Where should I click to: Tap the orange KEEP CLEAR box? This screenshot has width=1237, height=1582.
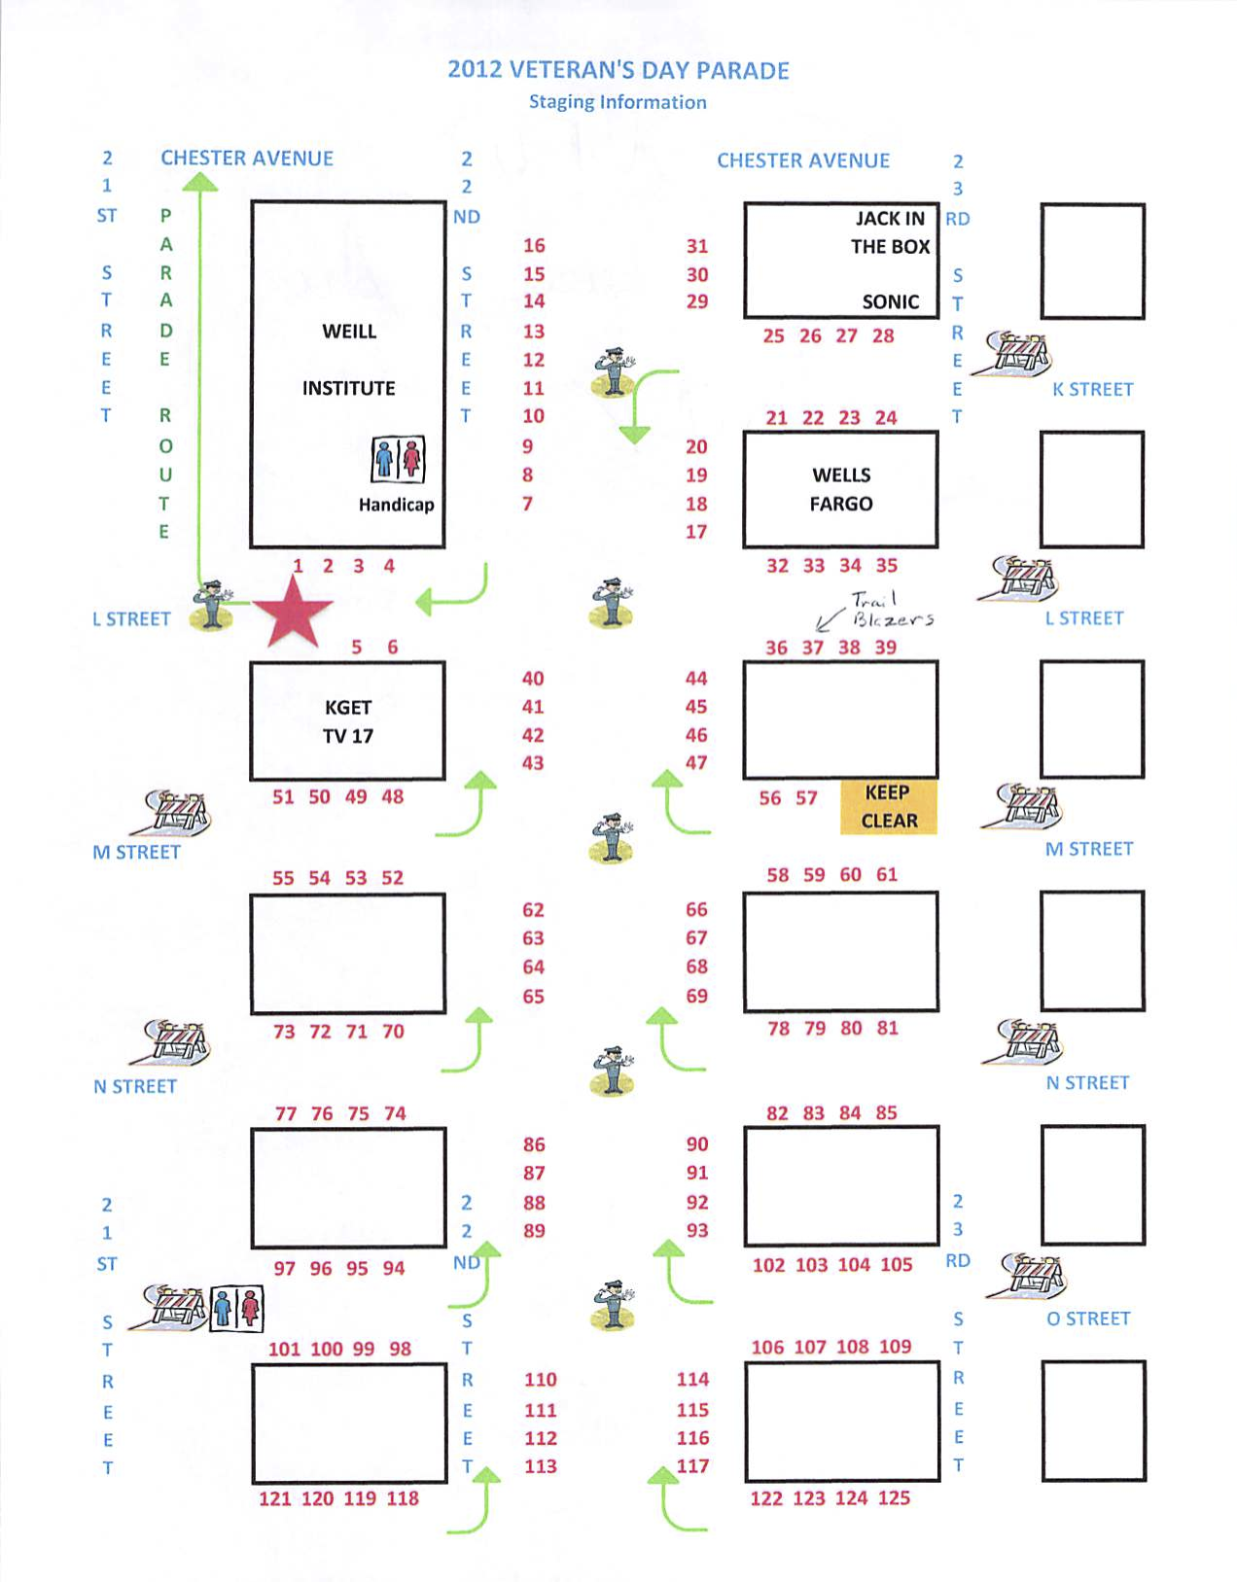click(888, 806)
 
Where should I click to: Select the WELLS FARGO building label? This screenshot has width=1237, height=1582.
click(841, 489)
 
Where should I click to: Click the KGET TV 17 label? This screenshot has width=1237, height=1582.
click(348, 721)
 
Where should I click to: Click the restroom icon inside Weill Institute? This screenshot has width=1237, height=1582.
click(399, 459)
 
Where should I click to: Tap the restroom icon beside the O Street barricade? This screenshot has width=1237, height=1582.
click(237, 1309)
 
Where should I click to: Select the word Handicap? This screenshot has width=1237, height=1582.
click(396, 505)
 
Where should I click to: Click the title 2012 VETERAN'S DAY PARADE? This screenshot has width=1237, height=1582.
click(618, 70)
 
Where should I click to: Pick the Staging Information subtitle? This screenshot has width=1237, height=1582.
click(618, 102)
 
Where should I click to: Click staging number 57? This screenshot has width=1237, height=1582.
click(806, 798)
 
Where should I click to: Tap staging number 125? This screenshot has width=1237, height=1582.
click(894, 1497)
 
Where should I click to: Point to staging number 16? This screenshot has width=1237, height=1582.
click(534, 246)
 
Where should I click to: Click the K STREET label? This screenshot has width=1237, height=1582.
click(1092, 390)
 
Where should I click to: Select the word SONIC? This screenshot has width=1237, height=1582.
click(890, 302)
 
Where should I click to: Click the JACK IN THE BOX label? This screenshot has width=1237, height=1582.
click(890, 232)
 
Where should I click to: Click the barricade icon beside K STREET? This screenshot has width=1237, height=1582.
click(1019, 354)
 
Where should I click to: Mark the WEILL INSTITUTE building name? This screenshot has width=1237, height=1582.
click(348, 360)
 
